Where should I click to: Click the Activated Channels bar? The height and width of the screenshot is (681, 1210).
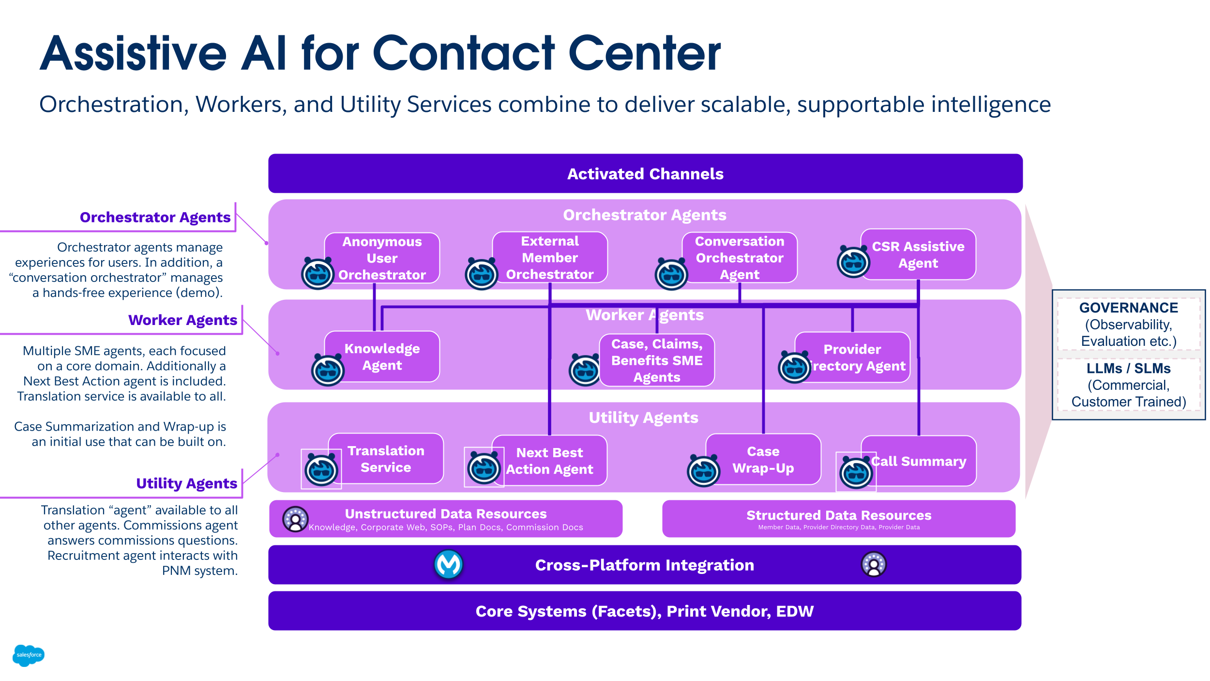645,173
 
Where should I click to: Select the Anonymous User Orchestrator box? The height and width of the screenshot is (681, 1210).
382,258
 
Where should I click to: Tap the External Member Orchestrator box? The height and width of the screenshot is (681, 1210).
550,257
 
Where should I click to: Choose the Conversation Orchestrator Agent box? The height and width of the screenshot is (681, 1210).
739,257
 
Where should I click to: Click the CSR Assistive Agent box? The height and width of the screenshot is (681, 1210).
918,254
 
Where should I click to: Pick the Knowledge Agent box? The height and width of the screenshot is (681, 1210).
382,356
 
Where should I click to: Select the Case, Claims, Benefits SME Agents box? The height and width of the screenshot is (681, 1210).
657,360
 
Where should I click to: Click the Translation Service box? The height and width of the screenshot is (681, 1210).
386,458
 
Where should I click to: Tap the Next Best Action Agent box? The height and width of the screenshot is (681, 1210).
550,460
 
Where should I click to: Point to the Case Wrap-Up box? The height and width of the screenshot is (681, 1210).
763,459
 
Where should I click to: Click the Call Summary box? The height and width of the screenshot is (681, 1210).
919,461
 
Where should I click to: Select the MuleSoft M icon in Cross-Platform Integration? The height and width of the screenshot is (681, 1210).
448,564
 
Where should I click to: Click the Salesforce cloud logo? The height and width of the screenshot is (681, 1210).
29,655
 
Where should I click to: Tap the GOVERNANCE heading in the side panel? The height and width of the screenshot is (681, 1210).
1128,308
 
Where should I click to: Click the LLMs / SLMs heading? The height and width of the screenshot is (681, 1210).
1128,368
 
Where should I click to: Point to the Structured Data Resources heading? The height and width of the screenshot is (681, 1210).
838,515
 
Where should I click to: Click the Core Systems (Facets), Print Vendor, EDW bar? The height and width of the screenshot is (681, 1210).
645,611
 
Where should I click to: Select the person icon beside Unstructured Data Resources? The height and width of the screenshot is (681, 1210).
295,519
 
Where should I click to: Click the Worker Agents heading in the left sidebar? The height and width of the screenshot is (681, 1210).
182,320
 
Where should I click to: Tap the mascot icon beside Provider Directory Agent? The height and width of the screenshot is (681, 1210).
794,367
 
